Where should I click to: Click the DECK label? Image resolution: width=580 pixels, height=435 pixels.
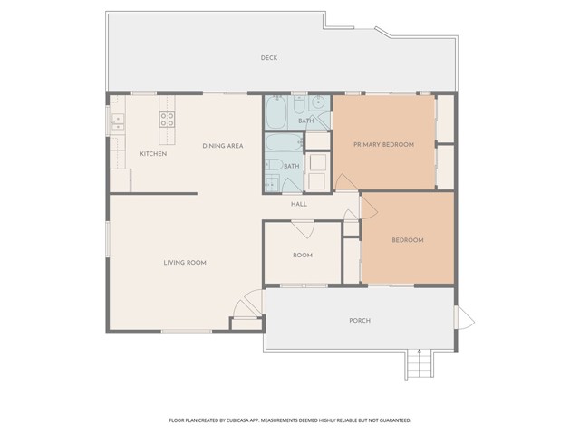269,58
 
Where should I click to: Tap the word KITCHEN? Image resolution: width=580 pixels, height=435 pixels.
153,153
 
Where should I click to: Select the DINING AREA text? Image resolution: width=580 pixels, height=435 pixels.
223,146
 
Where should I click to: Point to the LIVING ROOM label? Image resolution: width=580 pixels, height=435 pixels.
185,263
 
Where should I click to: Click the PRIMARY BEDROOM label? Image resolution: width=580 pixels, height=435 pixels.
383,144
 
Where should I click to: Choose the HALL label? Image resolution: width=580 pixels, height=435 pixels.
299,204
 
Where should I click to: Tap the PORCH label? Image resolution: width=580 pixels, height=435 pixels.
360,320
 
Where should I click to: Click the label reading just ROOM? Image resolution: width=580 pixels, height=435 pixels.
303,256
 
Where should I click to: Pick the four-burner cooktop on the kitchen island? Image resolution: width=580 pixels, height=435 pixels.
167,119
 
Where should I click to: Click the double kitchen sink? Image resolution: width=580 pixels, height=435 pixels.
118,123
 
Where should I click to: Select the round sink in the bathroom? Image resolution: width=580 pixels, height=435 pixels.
317,102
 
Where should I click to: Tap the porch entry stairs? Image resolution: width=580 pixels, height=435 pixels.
419,364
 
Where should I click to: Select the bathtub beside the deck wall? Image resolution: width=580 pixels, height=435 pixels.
275,112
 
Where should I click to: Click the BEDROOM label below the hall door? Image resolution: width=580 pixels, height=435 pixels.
408,240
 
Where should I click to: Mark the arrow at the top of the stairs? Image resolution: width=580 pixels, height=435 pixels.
419,352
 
